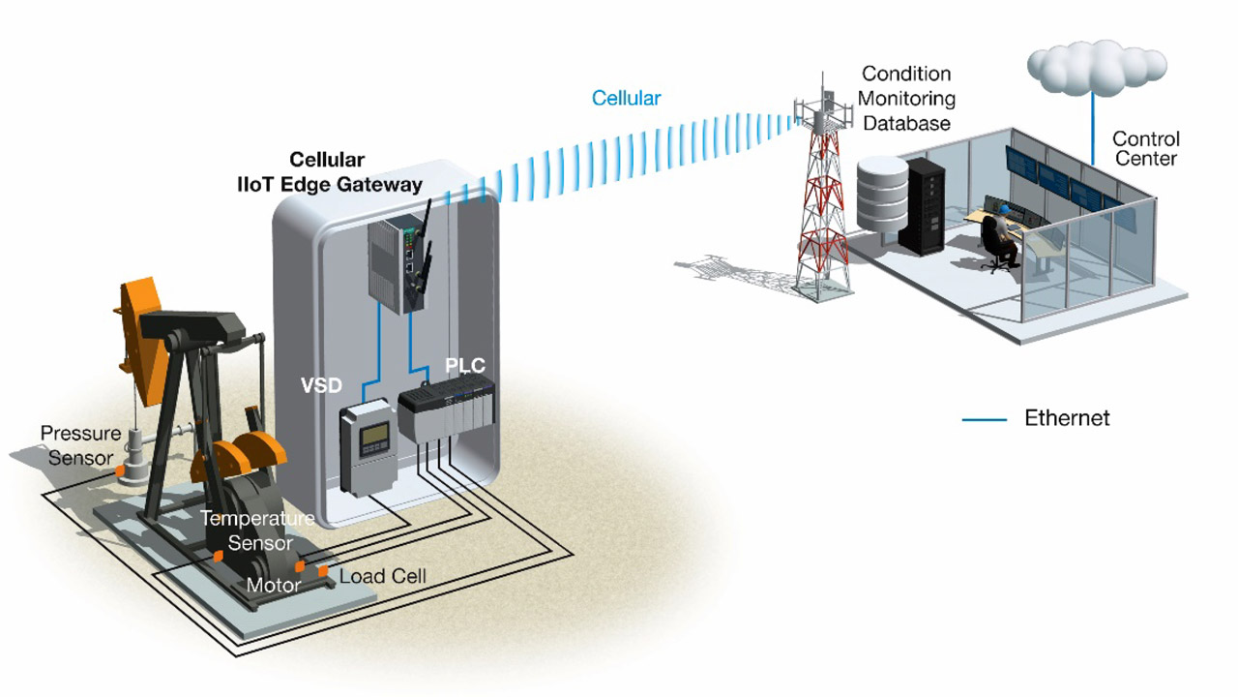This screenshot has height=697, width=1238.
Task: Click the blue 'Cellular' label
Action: click(x=626, y=98)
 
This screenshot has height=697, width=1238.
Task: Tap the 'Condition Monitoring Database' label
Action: click(x=907, y=98)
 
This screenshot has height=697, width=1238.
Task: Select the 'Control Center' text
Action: click(x=1145, y=148)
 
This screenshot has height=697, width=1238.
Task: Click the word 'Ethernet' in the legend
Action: click(x=1067, y=418)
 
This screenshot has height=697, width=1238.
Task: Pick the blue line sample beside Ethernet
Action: click(x=986, y=419)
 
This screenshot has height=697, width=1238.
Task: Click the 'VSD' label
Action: click(x=321, y=385)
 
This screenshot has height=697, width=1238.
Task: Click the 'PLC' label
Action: click(x=464, y=366)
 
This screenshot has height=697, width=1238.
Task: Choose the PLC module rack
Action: click(x=447, y=416)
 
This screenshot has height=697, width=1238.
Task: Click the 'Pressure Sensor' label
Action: click(x=80, y=445)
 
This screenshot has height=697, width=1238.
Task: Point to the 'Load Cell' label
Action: click(x=383, y=576)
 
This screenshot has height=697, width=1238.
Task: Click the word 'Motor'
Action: click(x=273, y=585)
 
